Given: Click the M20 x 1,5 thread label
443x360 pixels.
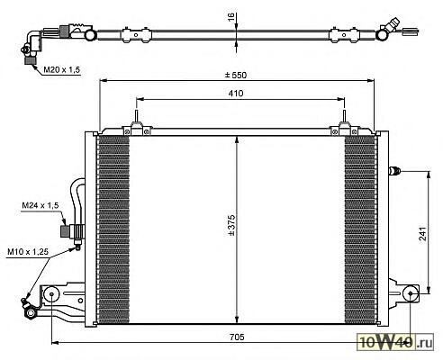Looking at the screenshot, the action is click(x=62, y=70).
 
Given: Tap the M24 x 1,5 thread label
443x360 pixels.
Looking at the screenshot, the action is click(x=41, y=205).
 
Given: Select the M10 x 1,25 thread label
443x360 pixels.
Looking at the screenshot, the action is click(x=28, y=251).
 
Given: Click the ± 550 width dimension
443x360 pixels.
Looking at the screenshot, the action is click(x=236, y=75).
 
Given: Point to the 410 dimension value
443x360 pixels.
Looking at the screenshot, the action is click(x=236, y=94).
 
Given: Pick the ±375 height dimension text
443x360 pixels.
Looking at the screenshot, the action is click(x=231, y=225).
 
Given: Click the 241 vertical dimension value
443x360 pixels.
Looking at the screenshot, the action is click(x=422, y=233).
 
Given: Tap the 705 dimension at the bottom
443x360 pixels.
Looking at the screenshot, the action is click(x=237, y=337).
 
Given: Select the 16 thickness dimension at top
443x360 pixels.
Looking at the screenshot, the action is click(x=231, y=16).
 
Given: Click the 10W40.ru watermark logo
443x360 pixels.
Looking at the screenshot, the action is click(x=395, y=342).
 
